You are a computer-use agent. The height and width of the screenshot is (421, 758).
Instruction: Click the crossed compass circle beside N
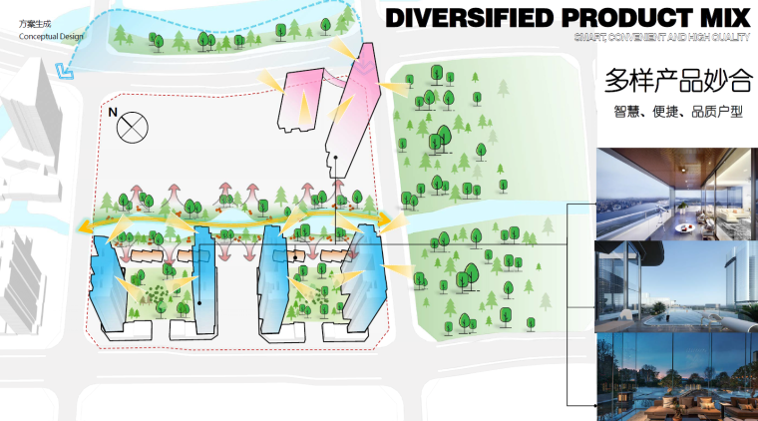pos(132,127)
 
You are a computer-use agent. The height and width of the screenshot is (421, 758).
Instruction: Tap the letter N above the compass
pos(113,112)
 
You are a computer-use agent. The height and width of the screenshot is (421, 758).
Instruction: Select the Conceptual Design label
pos(51,37)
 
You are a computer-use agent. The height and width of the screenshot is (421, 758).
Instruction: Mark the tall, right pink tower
pos(349,105)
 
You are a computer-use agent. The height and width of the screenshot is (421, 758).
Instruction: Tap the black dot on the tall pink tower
pos(337,158)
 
